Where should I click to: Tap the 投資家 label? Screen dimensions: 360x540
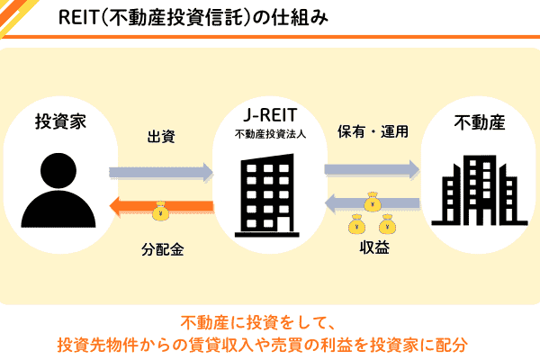(x=60, y=121)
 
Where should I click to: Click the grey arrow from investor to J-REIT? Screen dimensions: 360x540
(x=161, y=171)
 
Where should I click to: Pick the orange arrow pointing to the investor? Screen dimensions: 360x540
(x=161, y=209)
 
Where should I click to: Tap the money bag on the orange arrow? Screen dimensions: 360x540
(x=160, y=211)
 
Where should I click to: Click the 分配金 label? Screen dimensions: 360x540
(x=162, y=248)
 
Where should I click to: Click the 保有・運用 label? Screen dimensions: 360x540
(x=373, y=131)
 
